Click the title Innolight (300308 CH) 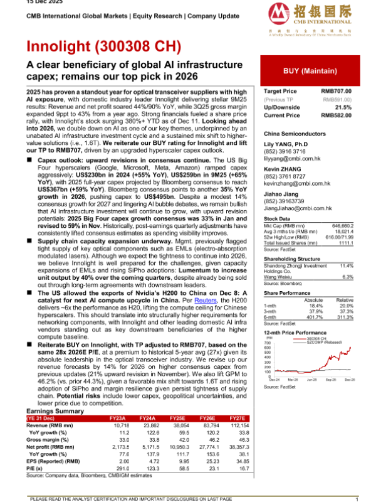point(103,46)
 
